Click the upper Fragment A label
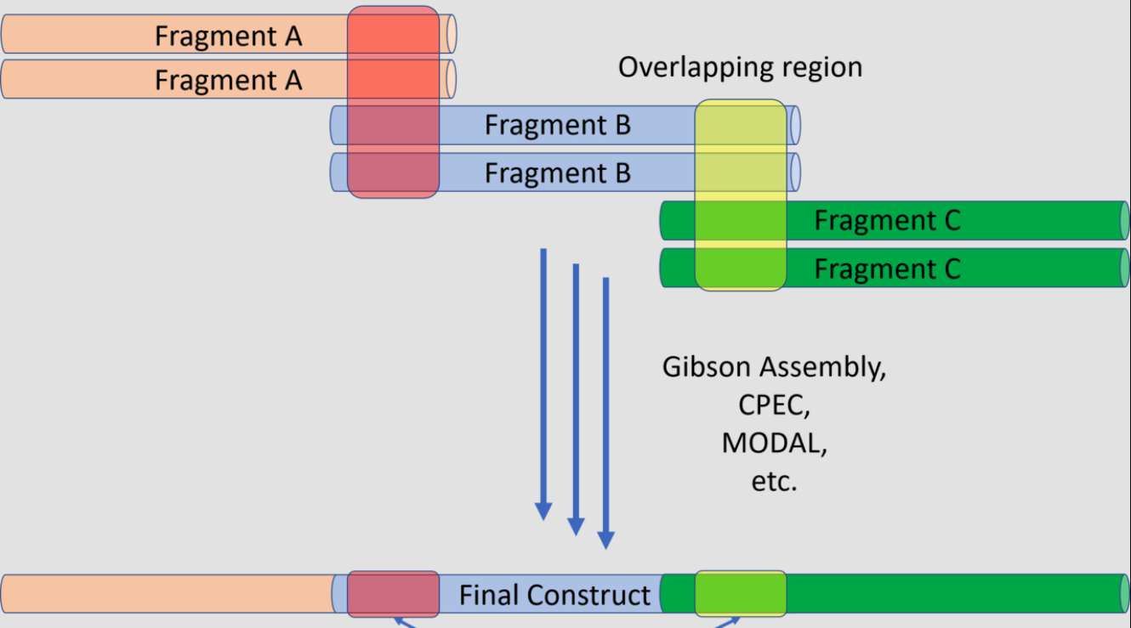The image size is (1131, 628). (x=228, y=36)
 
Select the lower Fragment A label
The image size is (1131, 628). (x=228, y=80)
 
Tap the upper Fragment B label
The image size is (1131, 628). (x=558, y=125)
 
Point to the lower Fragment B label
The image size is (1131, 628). (x=558, y=173)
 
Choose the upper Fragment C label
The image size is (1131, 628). (x=887, y=220)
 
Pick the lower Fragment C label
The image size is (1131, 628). (x=887, y=269)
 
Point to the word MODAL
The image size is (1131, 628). (x=774, y=443)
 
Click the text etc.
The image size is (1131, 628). (x=774, y=481)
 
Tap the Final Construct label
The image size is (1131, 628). (x=554, y=595)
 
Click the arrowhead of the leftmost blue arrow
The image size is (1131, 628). (x=543, y=512)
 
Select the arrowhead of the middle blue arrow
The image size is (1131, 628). (x=576, y=527)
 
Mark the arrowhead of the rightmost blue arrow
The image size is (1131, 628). (x=605, y=540)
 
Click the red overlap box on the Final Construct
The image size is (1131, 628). (x=394, y=594)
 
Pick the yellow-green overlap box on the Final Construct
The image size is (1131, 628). (x=740, y=594)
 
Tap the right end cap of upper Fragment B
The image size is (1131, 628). (x=795, y=125)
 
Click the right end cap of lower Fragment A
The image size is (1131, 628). (x=451, y=79)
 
